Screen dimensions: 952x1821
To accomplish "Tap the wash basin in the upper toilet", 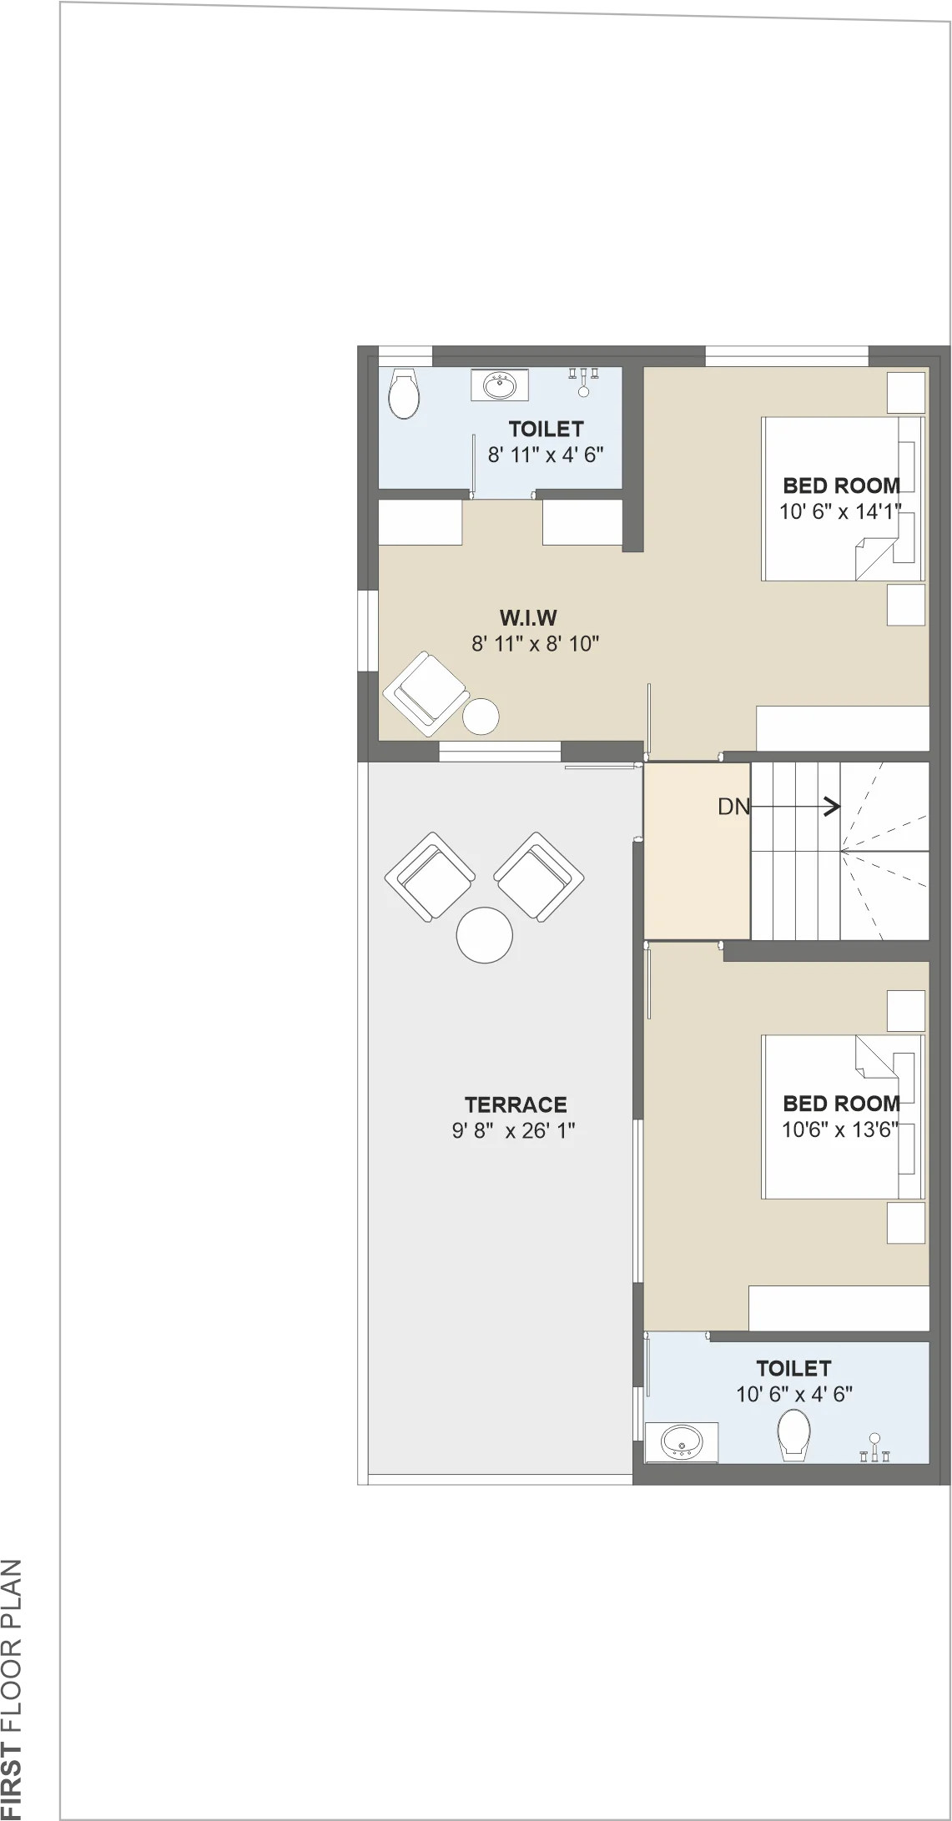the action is click(500, 386).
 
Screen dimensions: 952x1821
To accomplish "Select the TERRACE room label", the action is click(516, 1104).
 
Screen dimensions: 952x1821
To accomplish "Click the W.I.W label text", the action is click(528, 618).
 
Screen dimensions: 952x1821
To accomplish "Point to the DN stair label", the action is click(734, 807).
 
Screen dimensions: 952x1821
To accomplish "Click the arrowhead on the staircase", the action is click(833, 807).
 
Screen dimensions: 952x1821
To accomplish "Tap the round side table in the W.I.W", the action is click(481, 717).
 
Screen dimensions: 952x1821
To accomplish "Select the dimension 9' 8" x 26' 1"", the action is click(514, 1131).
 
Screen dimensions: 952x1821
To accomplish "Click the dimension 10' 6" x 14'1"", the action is click(840, 511).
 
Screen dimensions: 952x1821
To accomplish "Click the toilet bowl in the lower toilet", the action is click(793, 1435).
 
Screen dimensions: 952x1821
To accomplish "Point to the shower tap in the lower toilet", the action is click(874, 1447).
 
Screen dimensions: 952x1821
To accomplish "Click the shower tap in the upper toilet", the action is click(584, 382).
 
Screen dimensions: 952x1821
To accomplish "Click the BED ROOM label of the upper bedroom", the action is click(841, 485).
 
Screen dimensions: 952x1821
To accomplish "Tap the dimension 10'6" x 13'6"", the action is click(840, 1130).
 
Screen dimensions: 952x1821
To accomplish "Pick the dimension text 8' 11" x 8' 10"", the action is click(536, 644).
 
